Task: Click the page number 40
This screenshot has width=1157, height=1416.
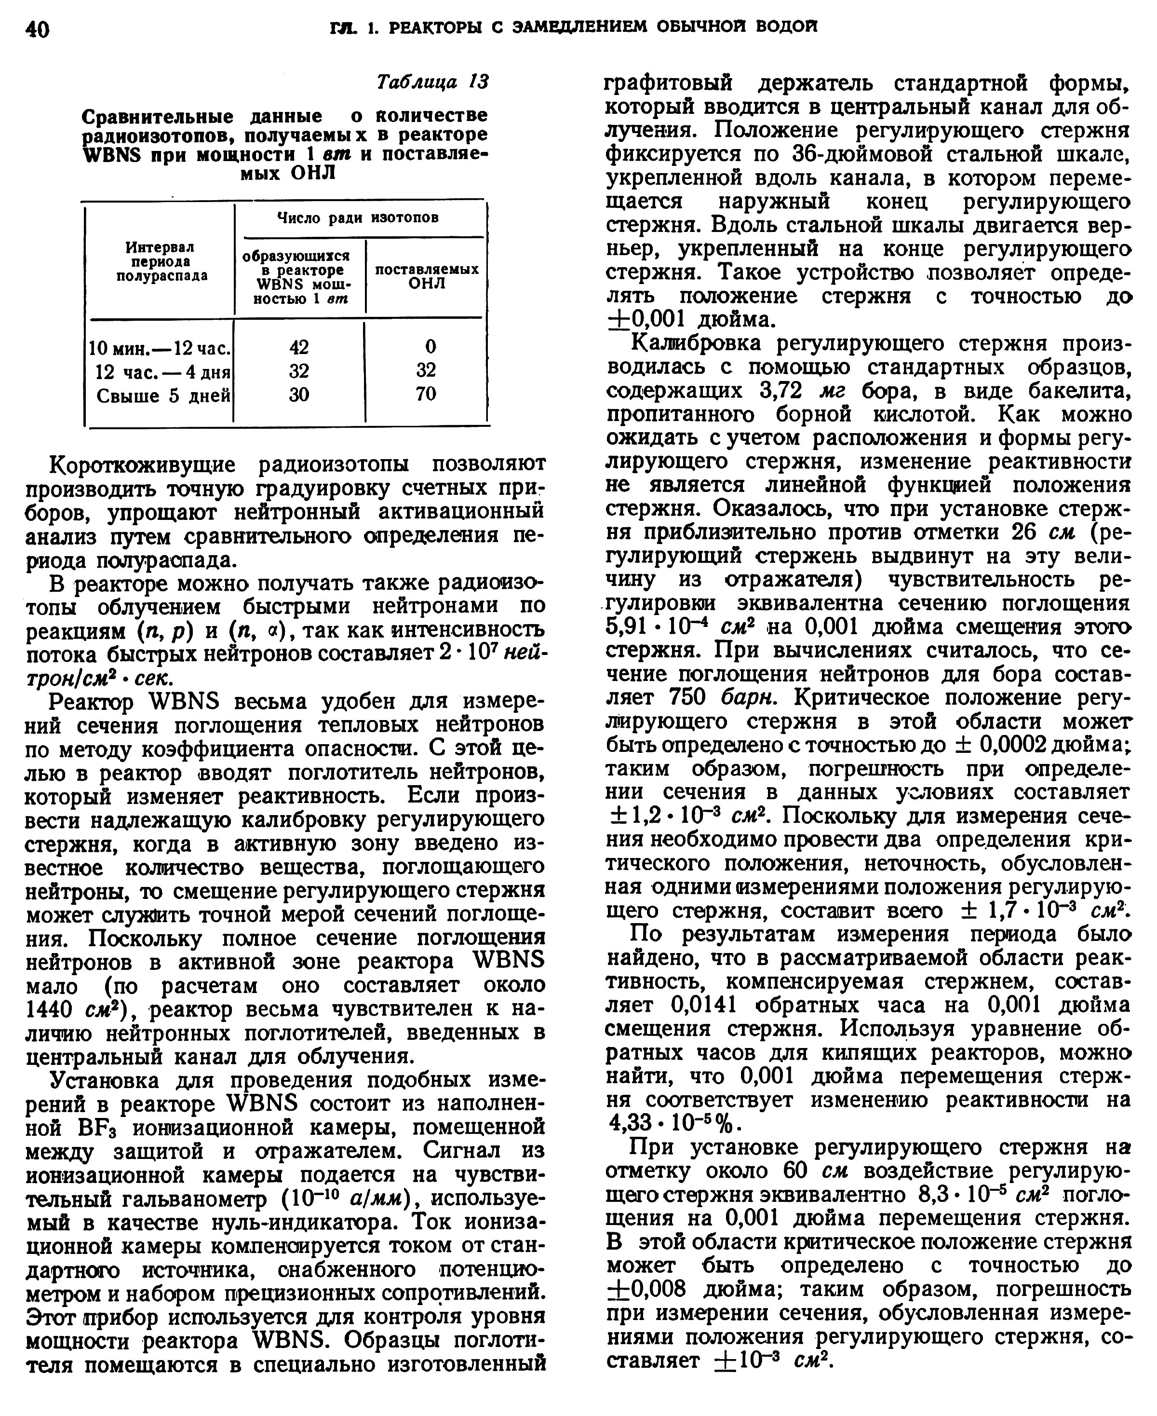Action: [x=37, y=30]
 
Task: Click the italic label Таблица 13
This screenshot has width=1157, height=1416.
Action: [x=432, y=82]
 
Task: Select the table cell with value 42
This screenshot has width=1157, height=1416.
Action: [x=299, y=347]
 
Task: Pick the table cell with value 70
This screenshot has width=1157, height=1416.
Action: [x=425, y=394]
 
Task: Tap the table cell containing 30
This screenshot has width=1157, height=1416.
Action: [x=299, y=395]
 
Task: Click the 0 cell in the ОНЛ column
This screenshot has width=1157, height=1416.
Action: [x=431, y=347]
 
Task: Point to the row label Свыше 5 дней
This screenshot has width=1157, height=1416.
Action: [x=163, y=396]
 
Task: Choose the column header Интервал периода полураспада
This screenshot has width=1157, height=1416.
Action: [x=161, y=261]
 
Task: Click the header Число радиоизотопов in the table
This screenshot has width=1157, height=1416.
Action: [x=358, y=218]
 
